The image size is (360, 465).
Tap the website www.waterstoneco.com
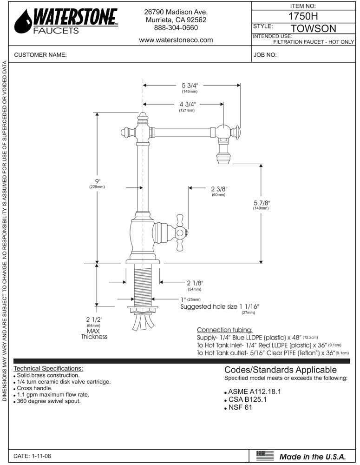coord(176,40)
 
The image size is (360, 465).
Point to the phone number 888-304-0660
coord(176,28)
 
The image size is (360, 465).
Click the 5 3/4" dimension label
coord(190,86)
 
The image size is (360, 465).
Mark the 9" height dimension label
coord(97,180)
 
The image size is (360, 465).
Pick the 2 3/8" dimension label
coord(218,189)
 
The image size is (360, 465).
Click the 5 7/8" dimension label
coord(261,203)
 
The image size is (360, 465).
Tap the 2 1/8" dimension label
coord(195,283)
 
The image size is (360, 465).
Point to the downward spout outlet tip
coord(223,160)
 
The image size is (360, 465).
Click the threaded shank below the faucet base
coord(143,284)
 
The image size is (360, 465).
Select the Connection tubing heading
coord(225,330)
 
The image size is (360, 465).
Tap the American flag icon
coord(265,456)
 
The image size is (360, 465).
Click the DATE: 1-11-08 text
coord(33,456)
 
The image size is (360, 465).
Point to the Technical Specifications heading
coord(49,368)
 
